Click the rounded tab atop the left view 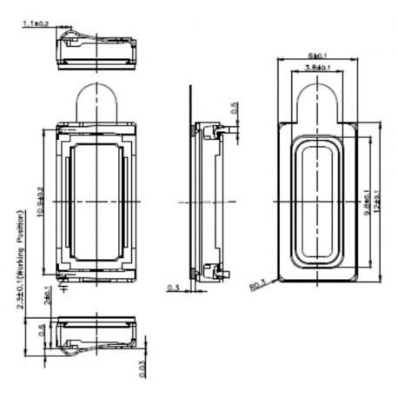click(x=96, y=100)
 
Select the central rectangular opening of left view click(x=96, y=202)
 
